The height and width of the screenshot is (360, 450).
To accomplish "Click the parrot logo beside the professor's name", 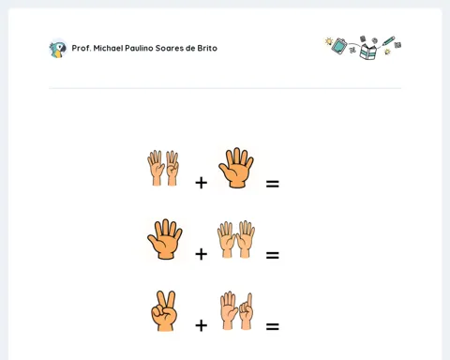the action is [x=58, y=49].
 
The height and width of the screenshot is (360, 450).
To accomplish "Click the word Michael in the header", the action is [x=108, y=48].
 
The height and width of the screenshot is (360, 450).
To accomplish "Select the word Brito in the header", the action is [x=207, y=48].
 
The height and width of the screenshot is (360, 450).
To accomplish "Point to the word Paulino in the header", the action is [x=139, y=48].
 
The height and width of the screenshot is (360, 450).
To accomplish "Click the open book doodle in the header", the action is [x=368, y=52].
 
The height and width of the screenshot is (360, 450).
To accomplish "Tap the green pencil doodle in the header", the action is [x=389, y=41].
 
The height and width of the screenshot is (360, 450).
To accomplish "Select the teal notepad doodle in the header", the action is [x=339, y=46].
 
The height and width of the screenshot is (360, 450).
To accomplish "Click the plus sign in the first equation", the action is [x=202, y=183].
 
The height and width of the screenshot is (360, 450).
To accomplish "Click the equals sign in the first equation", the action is [x=273, y=184].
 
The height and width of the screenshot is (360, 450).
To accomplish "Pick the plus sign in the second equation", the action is [x=202, y=254].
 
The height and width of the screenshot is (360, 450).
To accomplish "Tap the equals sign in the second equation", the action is [x=273, y=255].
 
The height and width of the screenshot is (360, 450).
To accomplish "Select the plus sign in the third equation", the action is [x=202, y=325].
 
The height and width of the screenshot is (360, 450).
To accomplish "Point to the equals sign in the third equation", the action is [x=273, y=326].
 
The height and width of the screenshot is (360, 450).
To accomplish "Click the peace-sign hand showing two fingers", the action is [x=164, y=311].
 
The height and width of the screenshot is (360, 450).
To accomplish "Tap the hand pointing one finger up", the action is [x=247, y=312].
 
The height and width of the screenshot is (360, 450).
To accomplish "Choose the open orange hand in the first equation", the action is [x=236, y=168].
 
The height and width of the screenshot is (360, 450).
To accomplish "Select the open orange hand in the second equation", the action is [x=165, y=239].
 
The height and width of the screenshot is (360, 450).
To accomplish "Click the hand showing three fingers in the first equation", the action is [x=172, y=168].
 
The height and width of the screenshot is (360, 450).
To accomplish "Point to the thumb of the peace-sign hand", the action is [x=157, y=311].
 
